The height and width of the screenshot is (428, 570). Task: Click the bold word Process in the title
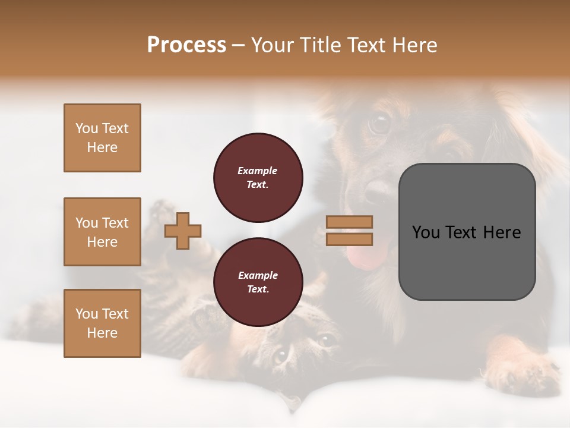pyautogui.click(x=186, y=45)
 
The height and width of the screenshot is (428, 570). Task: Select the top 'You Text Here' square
pyautogui.click(x=102, y=138)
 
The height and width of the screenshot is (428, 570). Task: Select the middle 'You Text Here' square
pyautogui.click(x=102, y=232)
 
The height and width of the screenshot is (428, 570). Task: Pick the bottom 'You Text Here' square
pyautogui.click(x=102, y=323)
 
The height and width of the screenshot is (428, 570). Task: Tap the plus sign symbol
pyautogui.click(x=183, y=231)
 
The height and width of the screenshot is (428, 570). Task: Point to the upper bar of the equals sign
pyautogui.click(x=349, y=222)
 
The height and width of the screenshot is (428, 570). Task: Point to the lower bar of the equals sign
pyautogui.click(x=349, y=239)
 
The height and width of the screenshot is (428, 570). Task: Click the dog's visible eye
pyautogui.click(x=378, y=123)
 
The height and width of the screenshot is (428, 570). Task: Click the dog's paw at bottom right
pyautogui.click(x=522, y=372)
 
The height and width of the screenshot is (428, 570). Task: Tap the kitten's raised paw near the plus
pyautogui.click(x=159, y=211)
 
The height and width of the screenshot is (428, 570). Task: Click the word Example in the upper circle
pyautogui.click(x=258, y=171)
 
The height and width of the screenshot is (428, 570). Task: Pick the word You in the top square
pyautogui.click(x=86, y=128)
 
